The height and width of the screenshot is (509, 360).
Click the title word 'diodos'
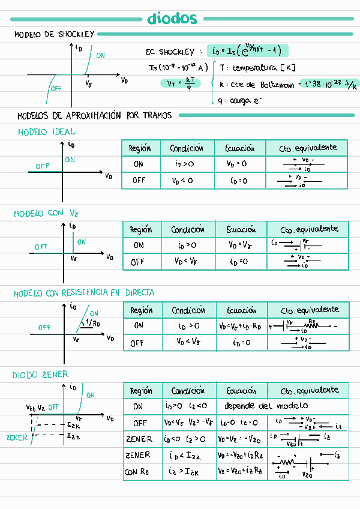(x=172, y=19)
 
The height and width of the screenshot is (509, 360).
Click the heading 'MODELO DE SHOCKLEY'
(x=54, y=35)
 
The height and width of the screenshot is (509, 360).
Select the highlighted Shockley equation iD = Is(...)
(x=247, y=51)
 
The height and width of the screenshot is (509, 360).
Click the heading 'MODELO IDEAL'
(x=47, y=131)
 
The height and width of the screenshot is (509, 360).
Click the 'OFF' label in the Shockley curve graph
(x=56, y=88)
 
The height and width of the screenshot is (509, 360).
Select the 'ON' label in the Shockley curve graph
(x=100, y=55)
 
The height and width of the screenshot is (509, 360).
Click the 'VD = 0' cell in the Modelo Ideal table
(x=237, y=164)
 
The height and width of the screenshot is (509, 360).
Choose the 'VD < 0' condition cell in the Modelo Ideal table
(x=182, y=180)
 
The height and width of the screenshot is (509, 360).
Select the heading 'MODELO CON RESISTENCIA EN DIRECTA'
(x=84, y=293)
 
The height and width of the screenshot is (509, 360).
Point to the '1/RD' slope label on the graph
(x=93, y=322)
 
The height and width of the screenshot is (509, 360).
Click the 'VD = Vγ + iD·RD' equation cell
(x=242, y=326)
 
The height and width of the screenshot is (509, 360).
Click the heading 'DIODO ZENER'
(x=41, y=375)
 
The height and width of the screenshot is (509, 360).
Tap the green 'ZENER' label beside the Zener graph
(x=17, y=438)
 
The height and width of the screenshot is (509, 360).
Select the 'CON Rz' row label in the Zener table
(x=139, y=472)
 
